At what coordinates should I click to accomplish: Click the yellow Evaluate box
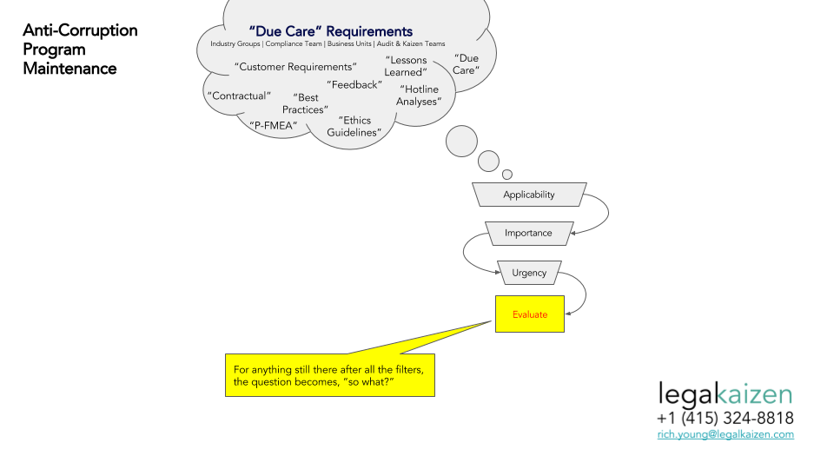(530, 314)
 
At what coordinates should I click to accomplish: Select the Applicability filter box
(529, 195)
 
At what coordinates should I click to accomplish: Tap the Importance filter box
(529, 234)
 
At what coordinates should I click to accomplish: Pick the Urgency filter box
(529, 273)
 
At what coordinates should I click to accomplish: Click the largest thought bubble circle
(461, 142)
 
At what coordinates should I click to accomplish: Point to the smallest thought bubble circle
(507, 175)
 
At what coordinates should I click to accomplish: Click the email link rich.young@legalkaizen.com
(725, 434)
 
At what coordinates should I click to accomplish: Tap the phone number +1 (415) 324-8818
(725, 418)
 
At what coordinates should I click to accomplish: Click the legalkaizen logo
(725, 394)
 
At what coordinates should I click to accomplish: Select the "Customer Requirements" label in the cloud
(295, 67)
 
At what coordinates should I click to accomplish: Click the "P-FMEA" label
(274, 126)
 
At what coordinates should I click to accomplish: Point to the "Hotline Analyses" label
(419, 96)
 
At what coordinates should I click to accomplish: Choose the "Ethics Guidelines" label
(354, 127)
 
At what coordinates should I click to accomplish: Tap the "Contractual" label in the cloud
(240, 96)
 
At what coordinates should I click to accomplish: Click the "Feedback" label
(354, 85)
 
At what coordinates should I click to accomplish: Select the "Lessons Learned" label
(406, 67)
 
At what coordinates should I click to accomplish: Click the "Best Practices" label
(305, 103)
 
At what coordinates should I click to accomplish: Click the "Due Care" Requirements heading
(331, 31)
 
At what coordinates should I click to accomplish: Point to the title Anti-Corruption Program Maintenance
(80, 50)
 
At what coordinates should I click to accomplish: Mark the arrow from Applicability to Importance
(608, 214)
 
